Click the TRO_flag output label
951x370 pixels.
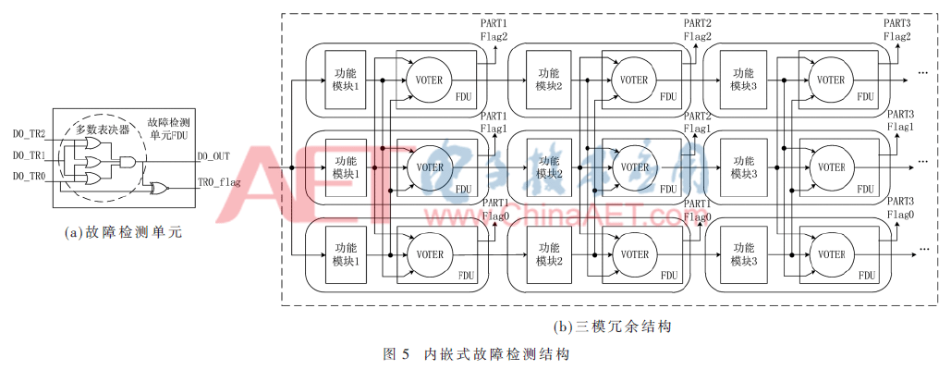219,183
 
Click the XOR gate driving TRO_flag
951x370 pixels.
160,188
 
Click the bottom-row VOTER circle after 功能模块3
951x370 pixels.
828,254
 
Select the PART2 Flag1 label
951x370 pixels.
697,122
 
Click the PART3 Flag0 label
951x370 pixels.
900,208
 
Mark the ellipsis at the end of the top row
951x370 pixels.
922,71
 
